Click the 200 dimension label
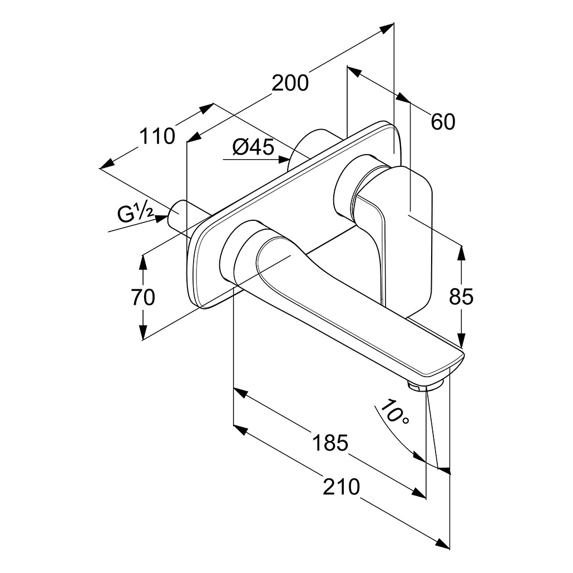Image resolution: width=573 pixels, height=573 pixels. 290,83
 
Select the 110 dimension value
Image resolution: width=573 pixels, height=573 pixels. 157,136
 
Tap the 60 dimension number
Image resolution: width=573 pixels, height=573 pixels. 443,122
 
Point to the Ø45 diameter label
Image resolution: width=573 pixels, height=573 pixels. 253,147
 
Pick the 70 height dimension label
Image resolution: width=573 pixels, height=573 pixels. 143,297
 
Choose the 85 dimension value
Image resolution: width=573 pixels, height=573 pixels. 461,297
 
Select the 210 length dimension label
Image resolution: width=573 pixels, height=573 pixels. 342,487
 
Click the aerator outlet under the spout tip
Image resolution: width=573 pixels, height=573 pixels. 418,386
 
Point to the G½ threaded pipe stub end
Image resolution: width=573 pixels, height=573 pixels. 174,215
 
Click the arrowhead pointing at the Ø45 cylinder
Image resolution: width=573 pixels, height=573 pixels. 283,160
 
